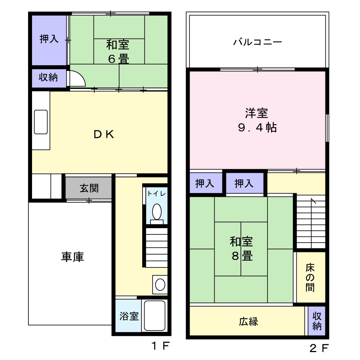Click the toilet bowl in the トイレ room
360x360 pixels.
coord(157,211)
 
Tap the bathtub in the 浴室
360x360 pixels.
coord(154,315)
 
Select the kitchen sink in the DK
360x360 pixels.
coord(41,122)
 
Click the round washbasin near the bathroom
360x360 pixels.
coord(160,285)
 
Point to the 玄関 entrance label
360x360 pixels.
coord(89,188)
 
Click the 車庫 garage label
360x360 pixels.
coord(73,257)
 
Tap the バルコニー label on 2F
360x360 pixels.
coord(258,42)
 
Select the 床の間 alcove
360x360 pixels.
coord(311,277)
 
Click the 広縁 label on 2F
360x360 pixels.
coord(248,321)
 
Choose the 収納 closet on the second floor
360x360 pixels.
coord(316,321)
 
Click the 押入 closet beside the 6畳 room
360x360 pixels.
coord(49,40)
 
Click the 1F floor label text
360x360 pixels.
coord(161,346)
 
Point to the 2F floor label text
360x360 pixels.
coord(319,348)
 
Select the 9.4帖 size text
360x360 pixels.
coord(257,127)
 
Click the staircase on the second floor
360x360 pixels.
coord(311,221)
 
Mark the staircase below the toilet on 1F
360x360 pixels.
coord(157,248)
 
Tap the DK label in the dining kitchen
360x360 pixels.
coord(104,135)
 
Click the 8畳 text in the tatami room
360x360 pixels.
coord(242,256)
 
